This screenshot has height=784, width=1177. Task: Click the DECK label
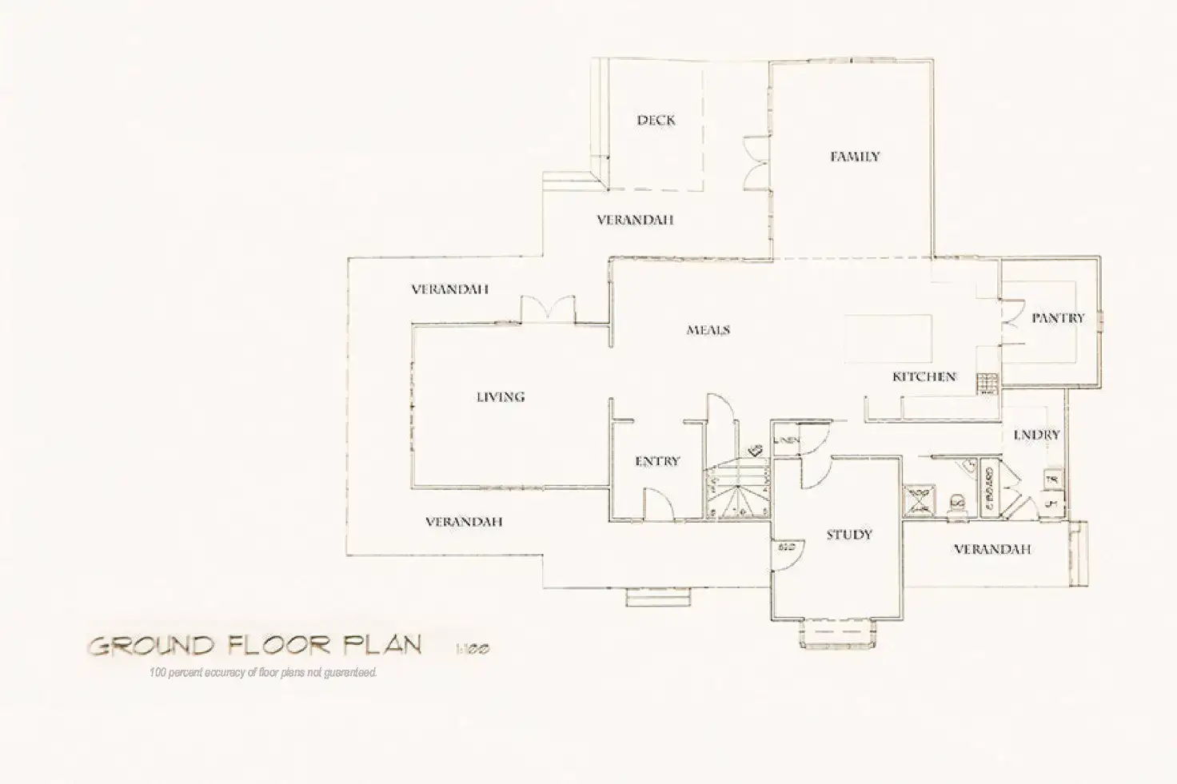coord(656,121)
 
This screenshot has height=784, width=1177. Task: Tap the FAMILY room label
coord(854,157)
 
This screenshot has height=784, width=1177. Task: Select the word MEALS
coord(708,329)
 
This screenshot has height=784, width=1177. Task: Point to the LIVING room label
coord(501,396)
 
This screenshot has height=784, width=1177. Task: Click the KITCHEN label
coord(924,376)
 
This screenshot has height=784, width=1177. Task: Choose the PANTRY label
coord(1057,318)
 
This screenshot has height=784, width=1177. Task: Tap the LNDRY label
coord(1035,435)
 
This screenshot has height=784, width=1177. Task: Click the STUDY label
coord(848,535)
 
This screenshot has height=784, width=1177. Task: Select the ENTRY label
coord(656,461)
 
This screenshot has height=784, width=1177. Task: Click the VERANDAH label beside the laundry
coord(991,549)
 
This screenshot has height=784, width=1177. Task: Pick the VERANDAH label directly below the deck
coord(635,220)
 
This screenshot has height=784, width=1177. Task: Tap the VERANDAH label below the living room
coord(464,522)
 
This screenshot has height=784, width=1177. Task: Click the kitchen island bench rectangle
coord(888,339)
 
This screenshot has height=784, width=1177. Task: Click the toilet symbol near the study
coord(956,502)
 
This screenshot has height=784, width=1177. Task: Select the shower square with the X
coord(920,499)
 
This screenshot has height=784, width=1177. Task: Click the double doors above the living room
coord(548,309)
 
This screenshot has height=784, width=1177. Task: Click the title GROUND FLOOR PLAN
coord(254,645)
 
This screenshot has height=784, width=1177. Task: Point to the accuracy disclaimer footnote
coord(262,673)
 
